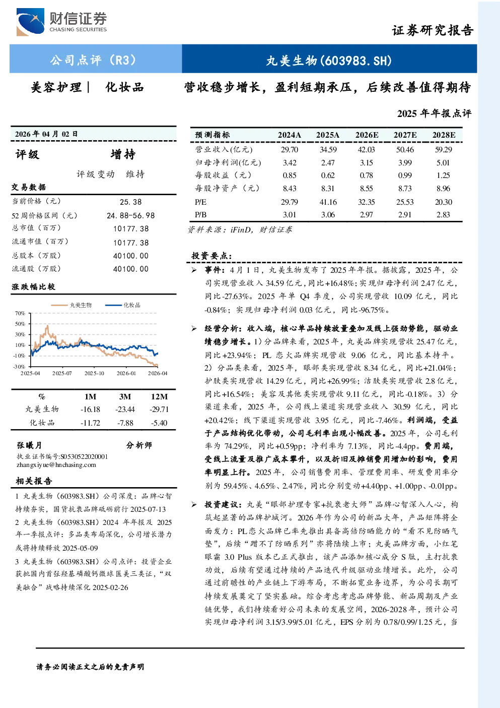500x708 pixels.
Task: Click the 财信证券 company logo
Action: tap(61, 22)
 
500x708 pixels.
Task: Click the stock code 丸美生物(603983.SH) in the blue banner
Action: tap(329, 61)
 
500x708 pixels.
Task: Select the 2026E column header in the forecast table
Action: tap(367, 135)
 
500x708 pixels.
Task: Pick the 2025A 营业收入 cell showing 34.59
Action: tap(328, 149)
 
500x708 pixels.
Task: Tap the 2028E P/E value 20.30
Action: tap(444, 202)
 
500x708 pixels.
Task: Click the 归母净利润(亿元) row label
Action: tap(228, 162)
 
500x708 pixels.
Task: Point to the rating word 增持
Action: tap(123, 154)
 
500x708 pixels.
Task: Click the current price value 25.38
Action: tap(131, 202)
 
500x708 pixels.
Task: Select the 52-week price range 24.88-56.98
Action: tap(131, 215)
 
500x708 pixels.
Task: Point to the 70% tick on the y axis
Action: tap(20, 313)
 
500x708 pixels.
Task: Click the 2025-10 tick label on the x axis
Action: tap(94, 373)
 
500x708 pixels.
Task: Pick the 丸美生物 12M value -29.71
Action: tap(159, 409)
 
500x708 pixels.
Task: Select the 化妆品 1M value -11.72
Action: tap(90, 423)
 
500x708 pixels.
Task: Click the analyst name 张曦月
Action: tap(29, 445)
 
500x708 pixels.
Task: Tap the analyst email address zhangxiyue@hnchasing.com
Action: tap(56, 465)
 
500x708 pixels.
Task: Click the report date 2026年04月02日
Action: tap(46, 134)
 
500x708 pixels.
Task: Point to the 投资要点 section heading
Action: tap(212, 256)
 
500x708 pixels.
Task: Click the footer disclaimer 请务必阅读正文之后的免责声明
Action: tap(90, 667)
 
